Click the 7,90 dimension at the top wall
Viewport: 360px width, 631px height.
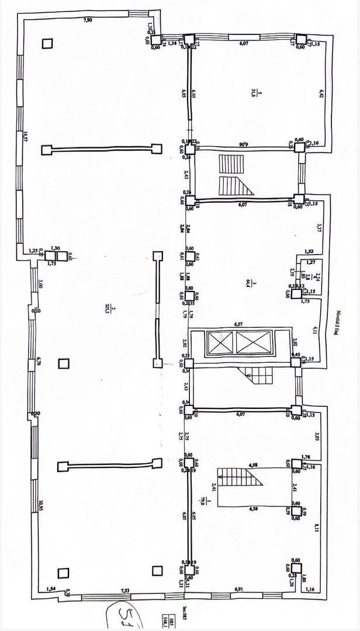(x=88, y=20)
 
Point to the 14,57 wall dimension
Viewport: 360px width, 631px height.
(x=26, y=137)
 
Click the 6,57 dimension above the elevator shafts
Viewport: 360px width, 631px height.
(x=238, y=323)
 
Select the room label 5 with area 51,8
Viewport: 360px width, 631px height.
(x=253, y=92)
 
